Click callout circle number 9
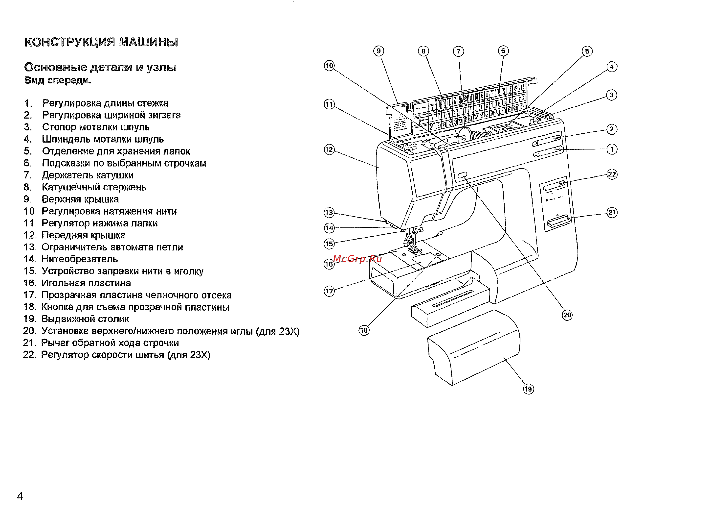coord(378,51)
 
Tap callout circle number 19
coord(528,389)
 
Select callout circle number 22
coord(612,174)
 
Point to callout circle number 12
coord(329,149)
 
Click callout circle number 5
coord(587,51)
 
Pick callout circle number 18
coord(364,330)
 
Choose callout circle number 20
coord(567,315)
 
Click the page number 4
coord(20,496)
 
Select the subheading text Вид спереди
coord(57,80)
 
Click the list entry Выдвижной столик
coord(85,319)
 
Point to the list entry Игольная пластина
coord(86,283)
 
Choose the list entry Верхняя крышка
coord(80,199)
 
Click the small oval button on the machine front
coord(462,175)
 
